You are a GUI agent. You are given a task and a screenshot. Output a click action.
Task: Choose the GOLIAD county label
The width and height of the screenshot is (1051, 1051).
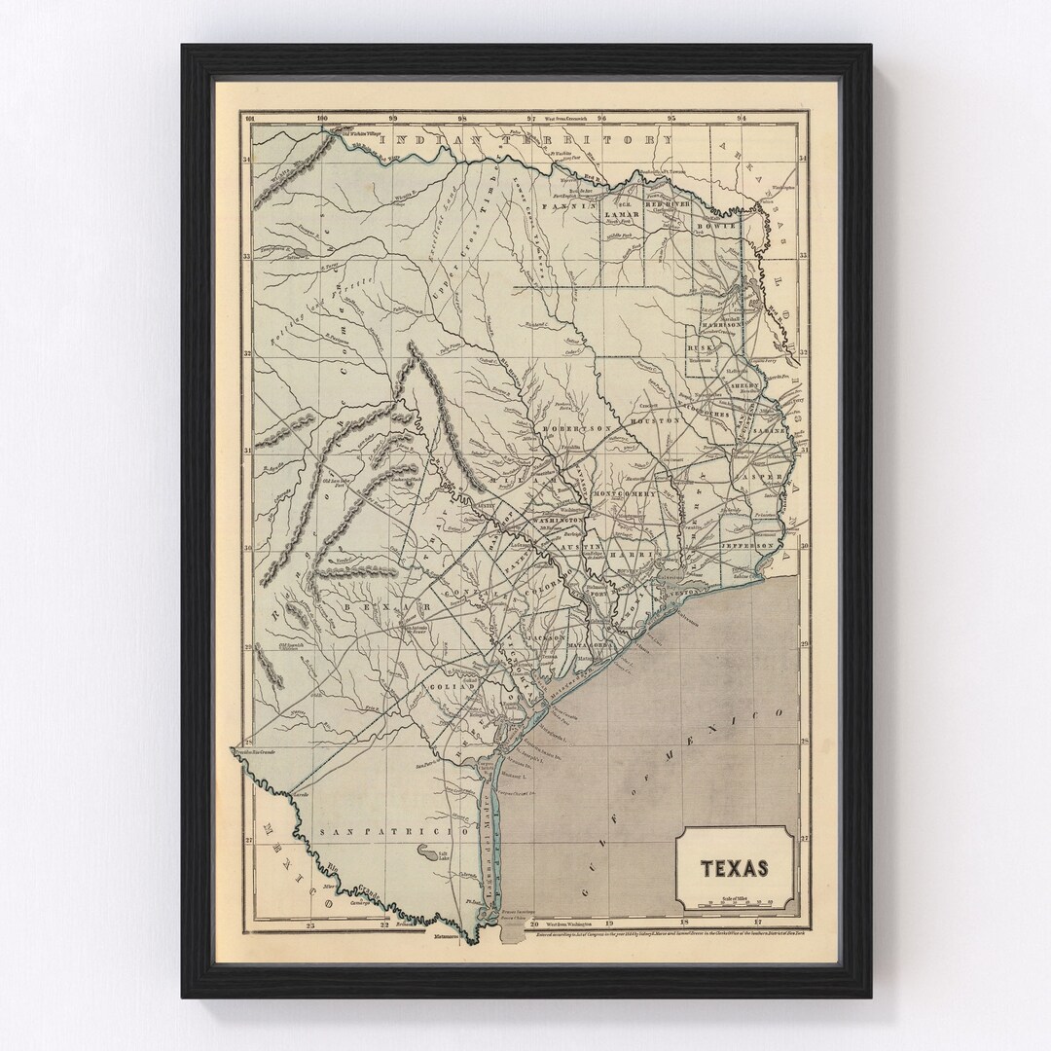tap(451, 687)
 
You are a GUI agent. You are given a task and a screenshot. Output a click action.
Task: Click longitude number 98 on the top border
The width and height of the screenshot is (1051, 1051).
tap(462, 120)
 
